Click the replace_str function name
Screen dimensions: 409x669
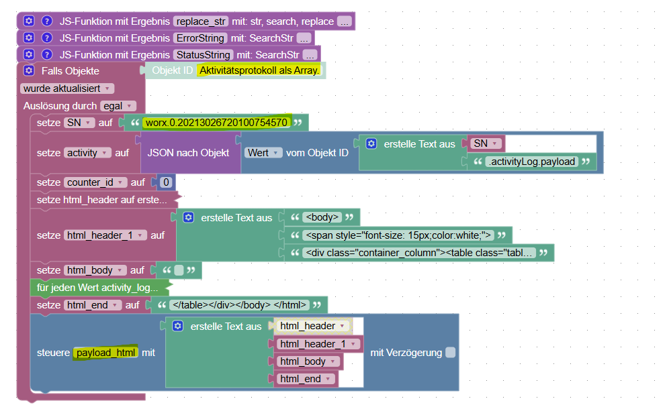tap(200, 21)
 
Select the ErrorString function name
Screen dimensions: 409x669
tap(199, 38)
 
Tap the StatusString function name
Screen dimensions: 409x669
tap(203, 55)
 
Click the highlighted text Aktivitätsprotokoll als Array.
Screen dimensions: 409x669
tap(260, 70)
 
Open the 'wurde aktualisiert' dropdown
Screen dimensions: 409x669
tap(68, 89)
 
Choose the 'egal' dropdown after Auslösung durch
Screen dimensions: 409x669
tap(118, 106)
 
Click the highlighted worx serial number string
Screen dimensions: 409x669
tap(216, 123)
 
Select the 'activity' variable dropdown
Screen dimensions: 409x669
tap(89, 153)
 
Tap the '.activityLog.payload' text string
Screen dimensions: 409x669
tap(531, 162)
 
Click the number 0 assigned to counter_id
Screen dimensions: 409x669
tap(165, 182)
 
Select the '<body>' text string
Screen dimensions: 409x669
tap(323, 217)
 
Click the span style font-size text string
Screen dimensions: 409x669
tap(398, 235)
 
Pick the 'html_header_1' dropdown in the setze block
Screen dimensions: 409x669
tap(105, 235)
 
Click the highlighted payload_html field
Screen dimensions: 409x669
tap(105, 353)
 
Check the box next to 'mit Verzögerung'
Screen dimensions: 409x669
tap(451, 353)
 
